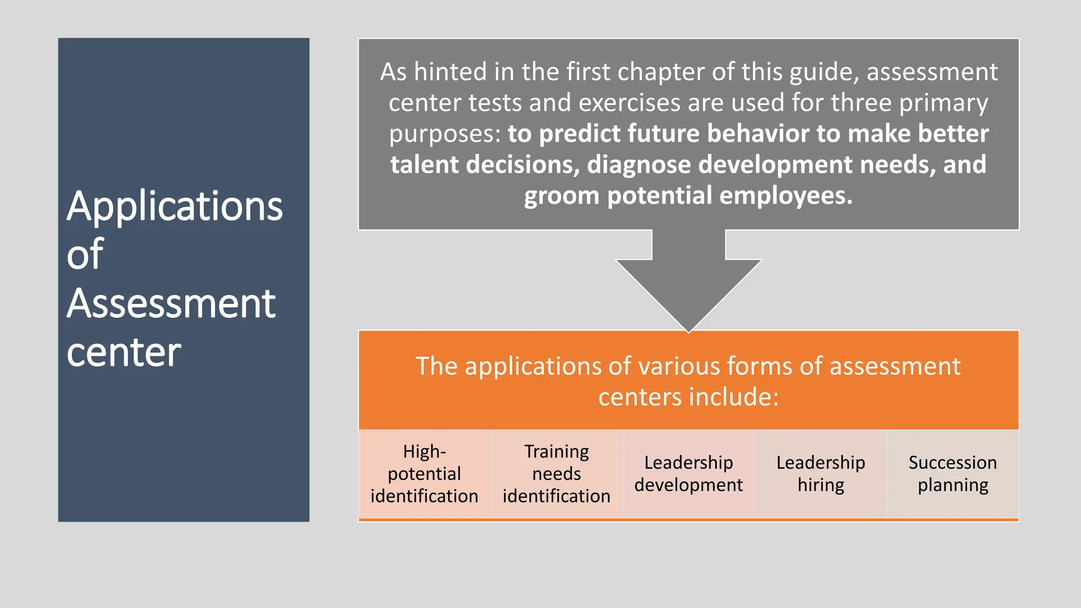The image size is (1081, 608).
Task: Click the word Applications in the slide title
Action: pos(175,207)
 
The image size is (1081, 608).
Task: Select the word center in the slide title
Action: pos(124,353)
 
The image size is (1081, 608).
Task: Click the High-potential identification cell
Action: pos(424,474)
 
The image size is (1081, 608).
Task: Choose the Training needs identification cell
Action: pos(556,474)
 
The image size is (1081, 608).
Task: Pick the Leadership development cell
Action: pos(688,474)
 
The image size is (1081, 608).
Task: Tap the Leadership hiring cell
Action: pos(821,474)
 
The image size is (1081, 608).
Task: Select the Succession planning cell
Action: pos(953,474)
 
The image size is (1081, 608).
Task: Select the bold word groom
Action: pos(562,196)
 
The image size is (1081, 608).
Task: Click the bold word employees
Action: pos(786,196)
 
